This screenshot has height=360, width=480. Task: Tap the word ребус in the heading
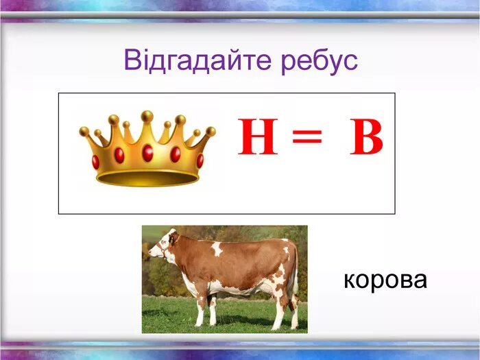click(x=320, y=61)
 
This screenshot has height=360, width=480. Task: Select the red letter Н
click(x=258, y=138)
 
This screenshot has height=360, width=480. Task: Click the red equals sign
click(x=307, y=139)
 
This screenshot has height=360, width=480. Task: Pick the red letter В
click(x=366, y=138)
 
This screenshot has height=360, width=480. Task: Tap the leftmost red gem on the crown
click(x=95, y=162)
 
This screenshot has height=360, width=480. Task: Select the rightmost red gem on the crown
click(x=200, y=160)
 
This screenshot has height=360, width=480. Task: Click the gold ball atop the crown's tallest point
click(x=147, y=116)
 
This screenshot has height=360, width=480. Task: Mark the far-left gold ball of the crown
click(x=84, y=131)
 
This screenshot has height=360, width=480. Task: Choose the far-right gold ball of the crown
click(x=211, y=131)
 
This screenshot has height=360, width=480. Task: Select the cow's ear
click(x=173, y=238)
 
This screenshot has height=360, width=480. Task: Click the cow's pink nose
click(x=151, y=254)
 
